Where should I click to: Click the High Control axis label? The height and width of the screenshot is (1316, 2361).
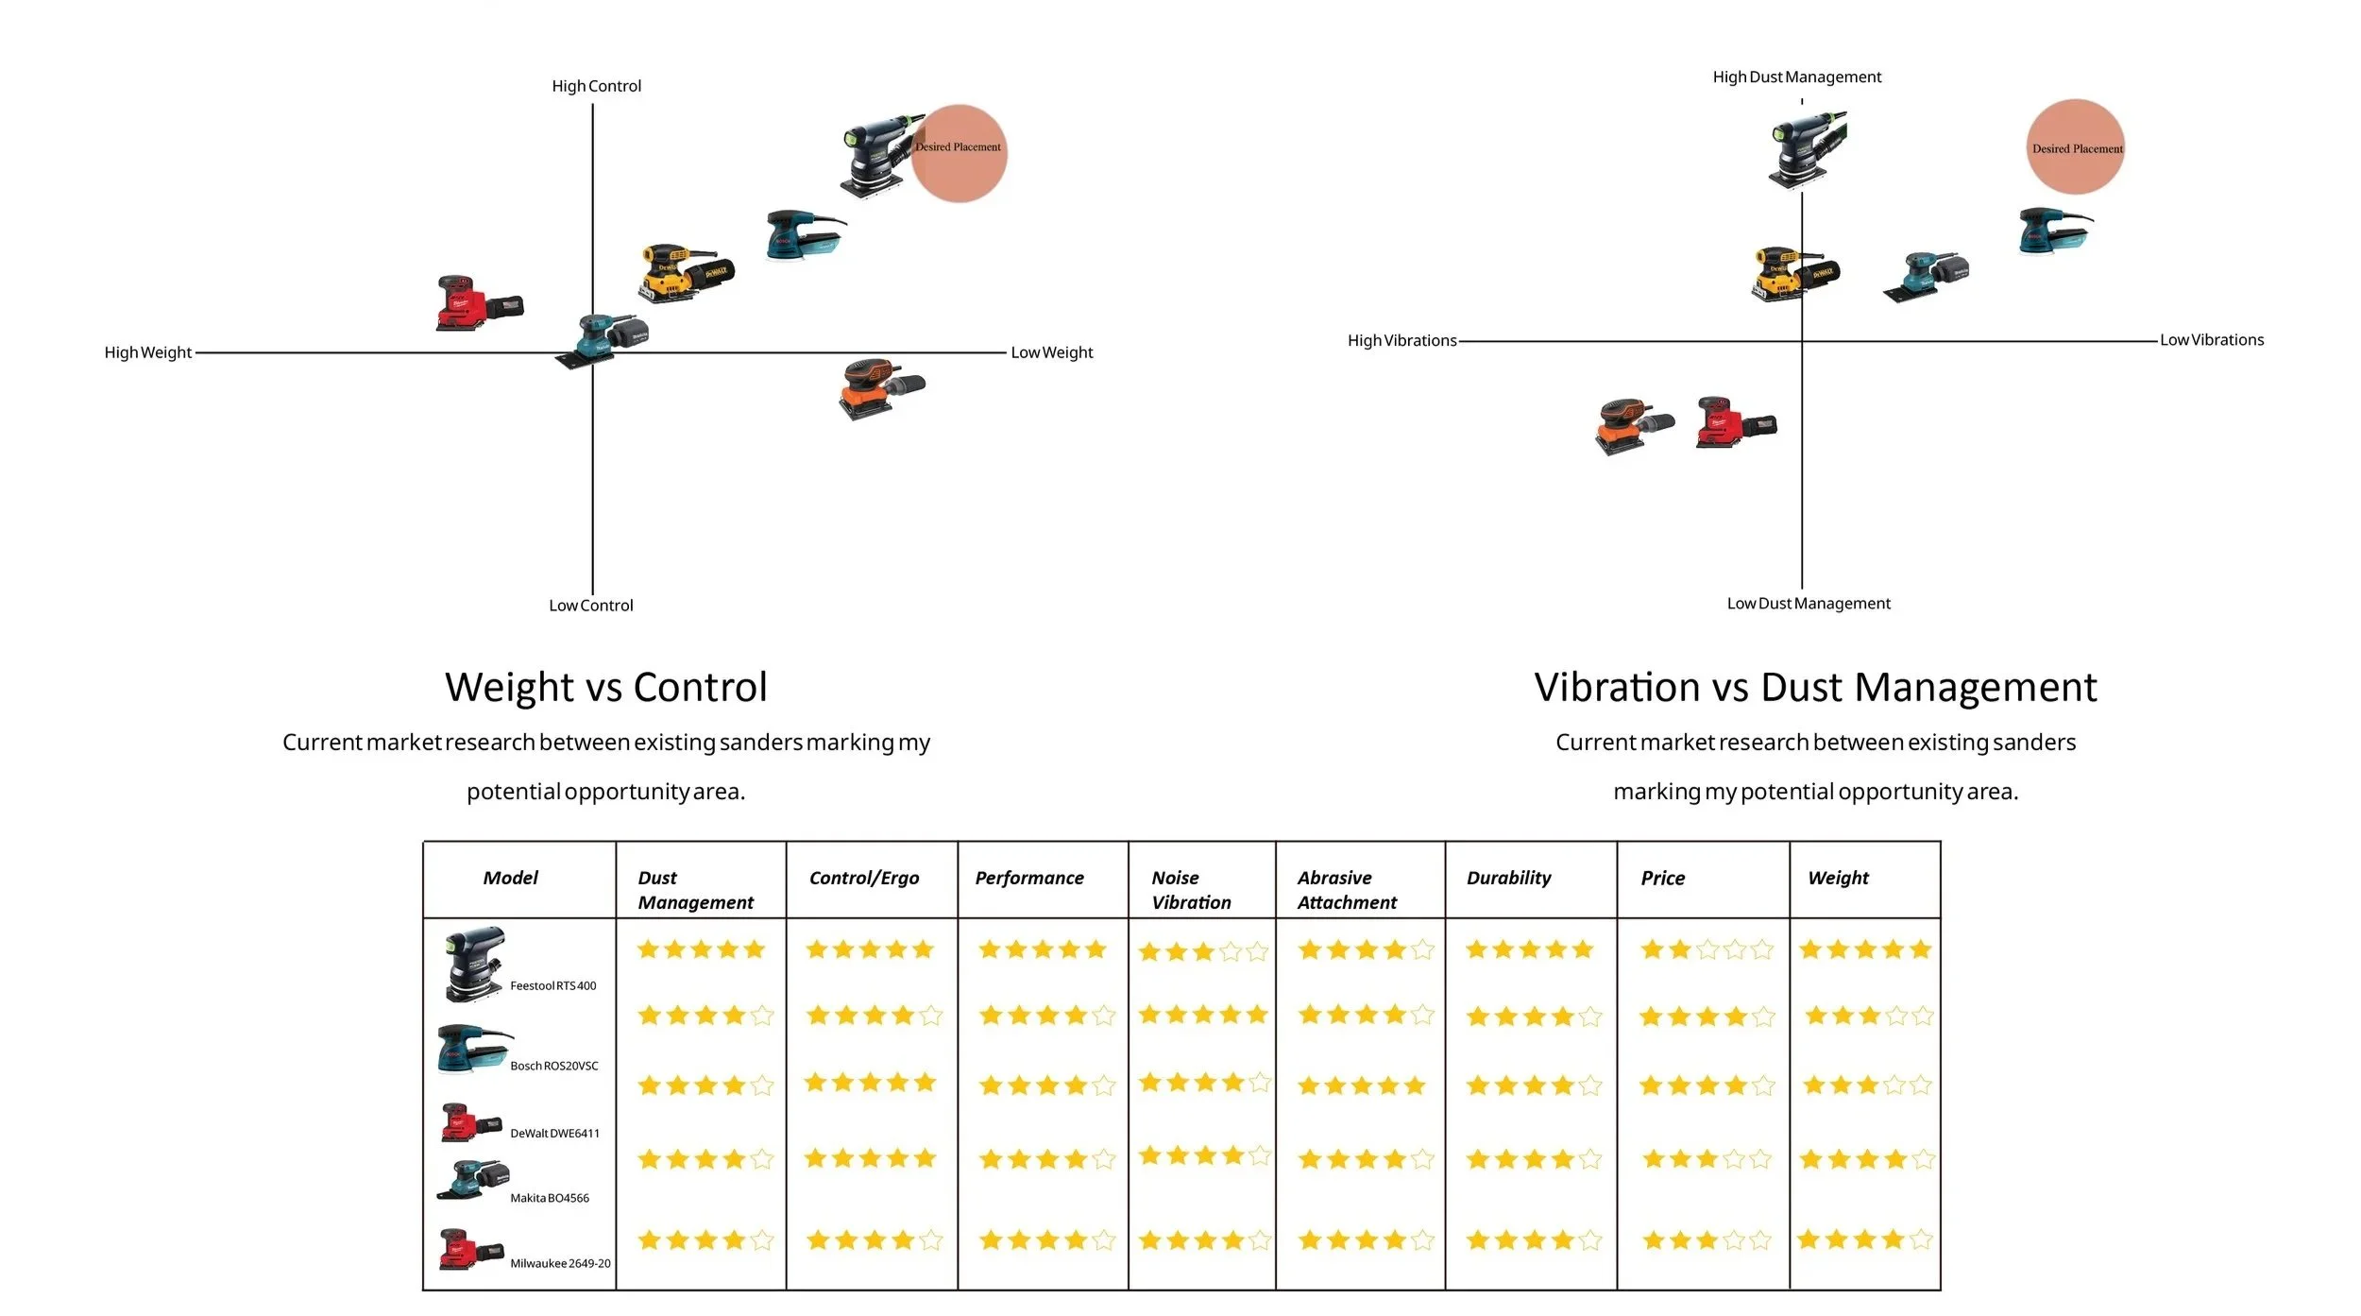[596, 86]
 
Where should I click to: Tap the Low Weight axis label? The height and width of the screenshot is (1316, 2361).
[1051, 352]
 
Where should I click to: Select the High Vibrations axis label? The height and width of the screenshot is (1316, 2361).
[1401, 340]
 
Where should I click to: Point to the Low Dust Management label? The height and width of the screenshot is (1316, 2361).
[1808, 603]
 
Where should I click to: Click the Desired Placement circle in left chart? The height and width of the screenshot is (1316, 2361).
[959, 153]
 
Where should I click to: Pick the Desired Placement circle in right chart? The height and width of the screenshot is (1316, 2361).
[2075, 147]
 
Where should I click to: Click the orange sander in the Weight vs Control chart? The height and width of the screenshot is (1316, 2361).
[880, 386]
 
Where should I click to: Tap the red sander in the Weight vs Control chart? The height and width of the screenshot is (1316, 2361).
[478, 303]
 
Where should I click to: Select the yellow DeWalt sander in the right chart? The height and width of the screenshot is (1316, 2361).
[1793, 274]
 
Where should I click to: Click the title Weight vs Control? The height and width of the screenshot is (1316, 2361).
[605, 687]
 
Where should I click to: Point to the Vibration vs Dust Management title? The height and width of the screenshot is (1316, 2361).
[1814, 687]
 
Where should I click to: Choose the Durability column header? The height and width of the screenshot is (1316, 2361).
[1508, 878]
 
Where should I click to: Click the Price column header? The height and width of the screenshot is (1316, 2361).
[1662, 878]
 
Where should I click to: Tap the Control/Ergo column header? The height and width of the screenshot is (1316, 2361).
[863, 878]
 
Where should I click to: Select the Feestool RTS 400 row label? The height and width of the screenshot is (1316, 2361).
[552, 985]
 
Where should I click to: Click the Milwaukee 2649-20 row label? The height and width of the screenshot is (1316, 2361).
[560, 1263]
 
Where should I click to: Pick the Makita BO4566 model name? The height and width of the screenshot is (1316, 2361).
[549, 1198]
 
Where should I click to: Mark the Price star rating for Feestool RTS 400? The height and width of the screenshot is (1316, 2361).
[1706, 949]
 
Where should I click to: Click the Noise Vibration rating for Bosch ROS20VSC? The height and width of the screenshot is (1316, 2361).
[1202, 1015]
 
